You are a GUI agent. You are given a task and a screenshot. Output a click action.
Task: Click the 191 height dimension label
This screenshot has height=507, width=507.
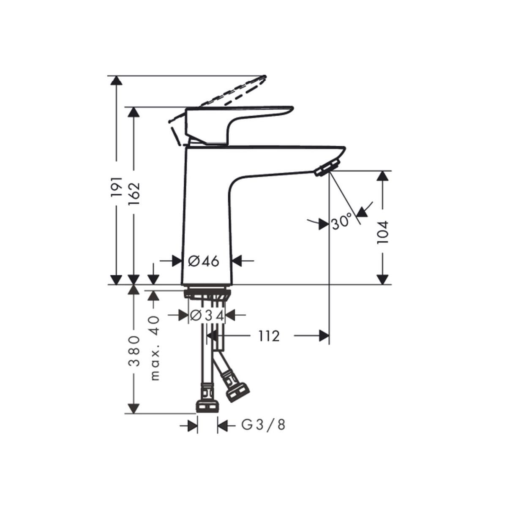click(116, 187)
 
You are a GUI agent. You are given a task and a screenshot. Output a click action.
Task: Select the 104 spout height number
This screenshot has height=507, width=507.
click(382, 232)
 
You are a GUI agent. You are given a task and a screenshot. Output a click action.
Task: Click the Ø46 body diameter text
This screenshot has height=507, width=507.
click(204, 261)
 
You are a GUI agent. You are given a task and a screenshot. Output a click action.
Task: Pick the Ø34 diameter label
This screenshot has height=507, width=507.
click(207, 315)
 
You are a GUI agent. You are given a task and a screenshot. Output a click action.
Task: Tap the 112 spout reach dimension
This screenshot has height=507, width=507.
click(269, 336)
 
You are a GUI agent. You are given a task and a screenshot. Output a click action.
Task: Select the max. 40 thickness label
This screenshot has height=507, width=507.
click(155, 348)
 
